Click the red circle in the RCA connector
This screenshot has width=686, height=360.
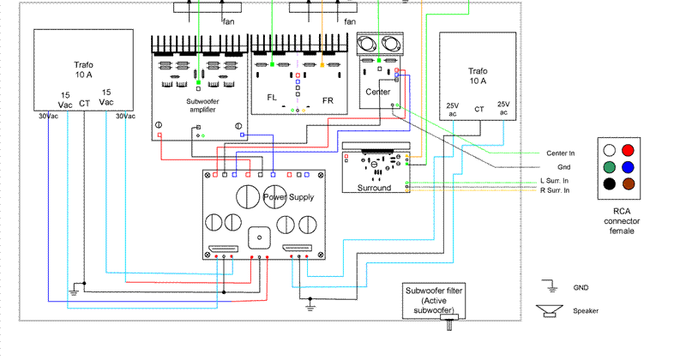click(629, 150)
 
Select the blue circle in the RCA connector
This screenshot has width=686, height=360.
click(629, 166)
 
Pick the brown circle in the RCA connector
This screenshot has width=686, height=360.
click(629, 183)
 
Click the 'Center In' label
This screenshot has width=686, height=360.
click(560, 153)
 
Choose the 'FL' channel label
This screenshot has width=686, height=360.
click(272, 98)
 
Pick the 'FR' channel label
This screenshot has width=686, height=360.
click(328, 99)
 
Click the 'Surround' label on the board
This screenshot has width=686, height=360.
click(373, 188)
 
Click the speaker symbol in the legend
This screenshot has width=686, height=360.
click(548, 310)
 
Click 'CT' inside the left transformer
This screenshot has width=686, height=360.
click(84, 104)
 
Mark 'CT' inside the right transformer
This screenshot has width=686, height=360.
click(478, 110)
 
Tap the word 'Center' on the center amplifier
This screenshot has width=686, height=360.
click(377, 92)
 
